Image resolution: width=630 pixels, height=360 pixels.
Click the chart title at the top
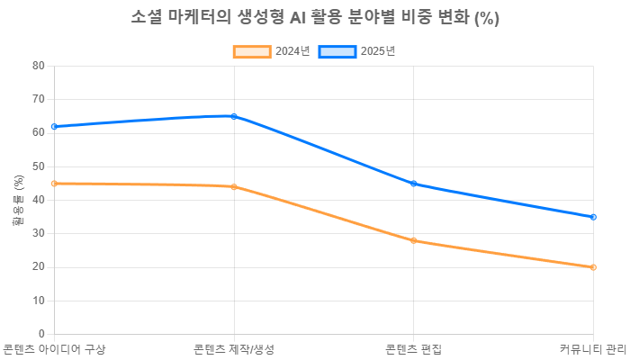tap(315, 19)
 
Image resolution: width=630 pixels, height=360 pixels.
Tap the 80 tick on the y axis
tap(39, 65)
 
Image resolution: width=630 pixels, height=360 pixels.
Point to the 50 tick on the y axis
tap(39, 166)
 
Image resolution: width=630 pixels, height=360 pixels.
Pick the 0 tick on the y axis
tap(41, 333)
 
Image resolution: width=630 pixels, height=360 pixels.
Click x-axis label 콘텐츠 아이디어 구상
tap(54, 349)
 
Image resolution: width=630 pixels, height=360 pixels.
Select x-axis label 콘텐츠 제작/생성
tap(234, 349)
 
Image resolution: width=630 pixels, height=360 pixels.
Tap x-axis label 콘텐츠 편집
tap(414, 349)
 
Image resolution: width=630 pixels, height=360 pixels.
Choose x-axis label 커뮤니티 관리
tap(592, 349)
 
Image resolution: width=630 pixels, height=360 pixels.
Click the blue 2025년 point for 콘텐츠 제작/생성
tap(234, 116)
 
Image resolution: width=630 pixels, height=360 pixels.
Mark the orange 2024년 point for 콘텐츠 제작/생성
tap(234, 187)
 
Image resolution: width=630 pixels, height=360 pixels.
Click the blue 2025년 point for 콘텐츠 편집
tap(414, 184)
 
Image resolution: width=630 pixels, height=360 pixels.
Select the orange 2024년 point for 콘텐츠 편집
tap(414, 240)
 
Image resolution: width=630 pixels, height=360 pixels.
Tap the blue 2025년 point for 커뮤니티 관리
tap(594, 217)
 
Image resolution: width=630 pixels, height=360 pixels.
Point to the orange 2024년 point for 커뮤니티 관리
tap(594, 267)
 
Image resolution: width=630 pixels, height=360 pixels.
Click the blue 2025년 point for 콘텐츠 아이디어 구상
tap(54, 126)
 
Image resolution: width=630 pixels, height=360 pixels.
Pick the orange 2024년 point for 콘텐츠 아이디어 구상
tap(54, 184)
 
